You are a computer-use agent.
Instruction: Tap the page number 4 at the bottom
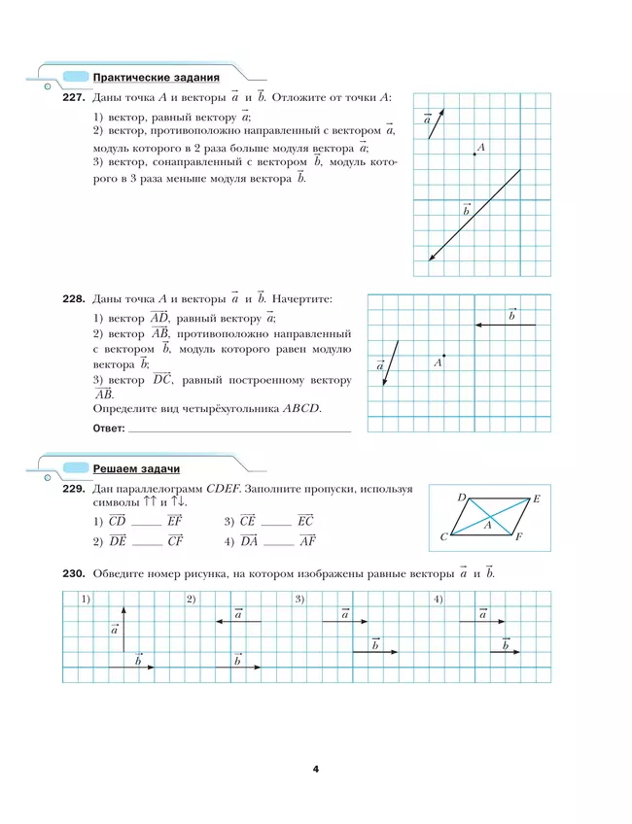[316, 770]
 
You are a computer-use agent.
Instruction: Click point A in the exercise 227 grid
[474, 154]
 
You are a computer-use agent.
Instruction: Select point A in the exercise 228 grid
[443, 355]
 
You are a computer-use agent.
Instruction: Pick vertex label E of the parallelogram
[537, 498]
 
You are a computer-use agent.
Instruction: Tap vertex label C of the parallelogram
[443, 536]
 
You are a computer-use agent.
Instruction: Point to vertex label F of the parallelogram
[519, 536]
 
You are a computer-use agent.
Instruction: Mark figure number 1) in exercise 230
[86, 598]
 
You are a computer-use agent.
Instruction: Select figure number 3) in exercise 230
[300, 598]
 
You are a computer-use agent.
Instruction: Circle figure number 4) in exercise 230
[439, 598]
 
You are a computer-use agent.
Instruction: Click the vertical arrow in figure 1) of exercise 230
[125, 635]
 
